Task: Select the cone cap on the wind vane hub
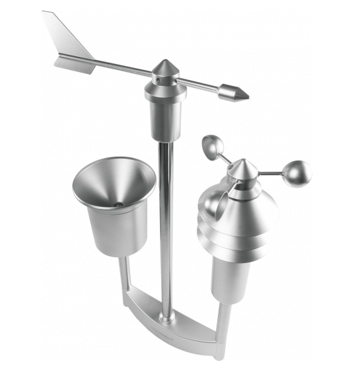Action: point(164,69)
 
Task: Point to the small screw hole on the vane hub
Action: point(157,83)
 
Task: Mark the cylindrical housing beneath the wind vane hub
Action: point(165,119)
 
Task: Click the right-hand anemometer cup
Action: point(296,175)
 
